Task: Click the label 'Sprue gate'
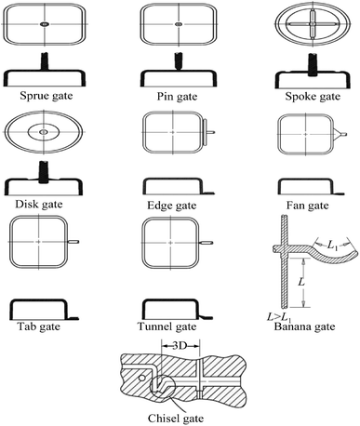44,95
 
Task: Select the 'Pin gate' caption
176,95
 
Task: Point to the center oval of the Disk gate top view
43,134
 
